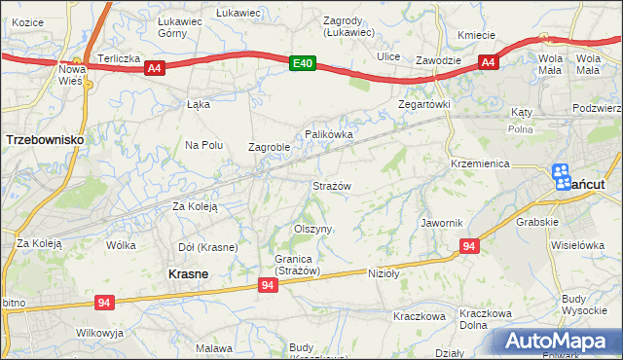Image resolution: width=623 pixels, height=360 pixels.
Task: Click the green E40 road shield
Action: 303,64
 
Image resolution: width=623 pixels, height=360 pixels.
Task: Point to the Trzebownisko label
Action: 45,140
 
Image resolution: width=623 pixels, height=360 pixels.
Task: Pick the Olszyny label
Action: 313,229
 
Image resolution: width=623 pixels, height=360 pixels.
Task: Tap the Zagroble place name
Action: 270,148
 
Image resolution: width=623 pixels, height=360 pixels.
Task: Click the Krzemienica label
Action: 480,164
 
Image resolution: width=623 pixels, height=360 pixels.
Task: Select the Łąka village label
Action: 199,104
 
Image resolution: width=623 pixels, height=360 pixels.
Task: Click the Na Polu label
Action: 204,145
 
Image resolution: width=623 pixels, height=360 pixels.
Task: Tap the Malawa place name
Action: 213,348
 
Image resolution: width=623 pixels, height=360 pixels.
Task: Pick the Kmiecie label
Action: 477,35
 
